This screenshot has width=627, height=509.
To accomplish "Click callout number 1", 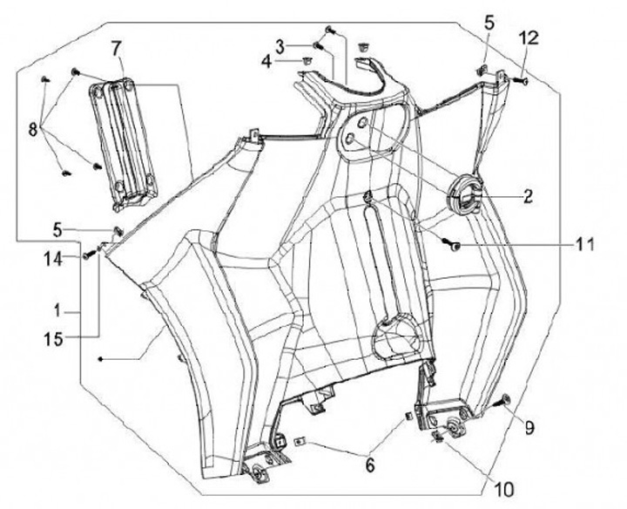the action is click(x=57, y=310).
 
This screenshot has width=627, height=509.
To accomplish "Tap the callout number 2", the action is click(x=528, y=196).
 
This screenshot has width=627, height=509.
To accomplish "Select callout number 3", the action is click(x=280, y=47).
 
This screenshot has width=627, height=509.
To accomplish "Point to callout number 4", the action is click(x=266, y=63).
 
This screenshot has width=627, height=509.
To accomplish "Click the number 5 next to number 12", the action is click(x=489, y=24).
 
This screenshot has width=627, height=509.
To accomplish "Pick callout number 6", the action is click(x=370, y=465).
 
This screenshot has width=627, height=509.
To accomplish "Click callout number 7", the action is click(x=115, y=49).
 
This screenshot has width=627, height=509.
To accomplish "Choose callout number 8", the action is click(x=33, y=130).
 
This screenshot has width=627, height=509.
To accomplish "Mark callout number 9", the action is click(x=529, y=428).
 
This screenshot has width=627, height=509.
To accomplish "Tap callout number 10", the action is click(x=504, y=489).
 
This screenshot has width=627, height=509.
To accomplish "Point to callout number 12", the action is click(x=529, y=39).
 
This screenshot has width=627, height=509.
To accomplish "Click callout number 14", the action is click(x=53, y=260).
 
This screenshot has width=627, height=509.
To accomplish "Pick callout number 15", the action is click(x=54, y=339).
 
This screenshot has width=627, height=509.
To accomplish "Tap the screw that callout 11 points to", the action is click(x=451, y=244).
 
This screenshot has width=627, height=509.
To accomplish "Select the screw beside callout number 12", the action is click(x=520, y=80).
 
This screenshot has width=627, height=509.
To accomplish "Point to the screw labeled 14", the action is click(x=91, y=254).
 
